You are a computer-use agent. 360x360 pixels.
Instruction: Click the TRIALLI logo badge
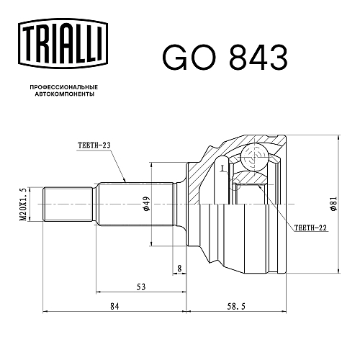63,44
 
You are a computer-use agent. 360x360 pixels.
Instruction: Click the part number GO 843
225,58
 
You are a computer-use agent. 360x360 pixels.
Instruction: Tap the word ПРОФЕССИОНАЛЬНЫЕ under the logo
64,87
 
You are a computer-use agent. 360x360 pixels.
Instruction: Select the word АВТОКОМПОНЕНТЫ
65,94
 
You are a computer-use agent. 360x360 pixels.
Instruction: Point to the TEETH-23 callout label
94,145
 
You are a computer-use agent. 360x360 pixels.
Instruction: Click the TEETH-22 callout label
310,228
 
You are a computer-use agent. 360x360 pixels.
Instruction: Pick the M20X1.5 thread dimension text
23,204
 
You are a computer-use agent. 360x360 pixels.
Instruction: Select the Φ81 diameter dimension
333,204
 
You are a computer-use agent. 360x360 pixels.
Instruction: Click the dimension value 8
179,268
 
